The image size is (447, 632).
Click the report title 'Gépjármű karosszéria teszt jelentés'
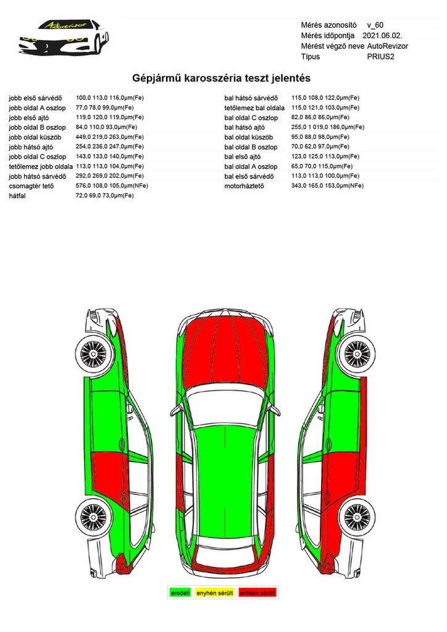(x=221, y=78)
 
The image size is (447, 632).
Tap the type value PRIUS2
(x=380, y=56)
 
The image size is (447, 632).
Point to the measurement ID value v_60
(x=375, y=25)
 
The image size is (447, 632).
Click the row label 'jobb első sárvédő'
(x=35, y=98)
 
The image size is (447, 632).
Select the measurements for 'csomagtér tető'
(x=110, y=186)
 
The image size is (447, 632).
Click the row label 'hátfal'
(x=17, y=196)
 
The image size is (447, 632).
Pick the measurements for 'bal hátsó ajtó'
(x=328, y=127)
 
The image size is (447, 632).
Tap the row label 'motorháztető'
(x=244, y=186)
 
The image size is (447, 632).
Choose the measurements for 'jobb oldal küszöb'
(x=110, y=137)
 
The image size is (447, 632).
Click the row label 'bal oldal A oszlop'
(x=251, y=167)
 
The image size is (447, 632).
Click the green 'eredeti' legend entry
(x=180, y=593)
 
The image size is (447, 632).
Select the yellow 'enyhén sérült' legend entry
(x=214, y=593)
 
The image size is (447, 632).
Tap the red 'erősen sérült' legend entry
(x=257, y=593)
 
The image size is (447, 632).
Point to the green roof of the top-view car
(x=224, y=475)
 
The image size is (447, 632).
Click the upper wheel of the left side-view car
(x=95, y=354)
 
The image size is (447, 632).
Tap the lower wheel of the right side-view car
(x=354, y=515)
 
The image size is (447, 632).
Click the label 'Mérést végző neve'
(x=332, y=46)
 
